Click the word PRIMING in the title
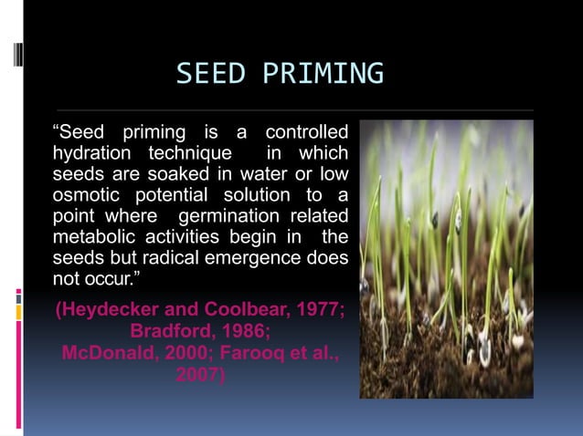(323, 73)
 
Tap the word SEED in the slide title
(210, 73)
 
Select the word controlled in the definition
(306, 131)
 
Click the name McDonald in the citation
(112, 353)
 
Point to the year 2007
(201, 374)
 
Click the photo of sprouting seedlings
(446, 259)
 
